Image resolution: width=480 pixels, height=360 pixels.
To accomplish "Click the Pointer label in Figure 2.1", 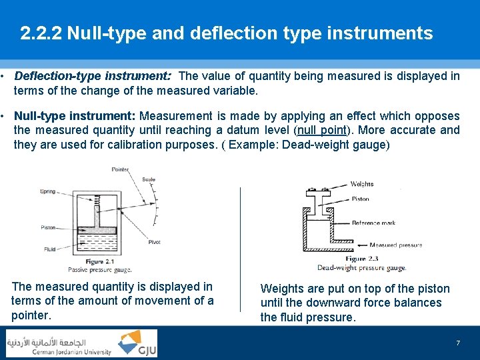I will (x=120, y=170).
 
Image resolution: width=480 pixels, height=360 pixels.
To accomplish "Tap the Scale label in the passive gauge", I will (x=149, y=179).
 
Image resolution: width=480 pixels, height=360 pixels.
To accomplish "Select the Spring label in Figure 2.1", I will (x=47, y=191).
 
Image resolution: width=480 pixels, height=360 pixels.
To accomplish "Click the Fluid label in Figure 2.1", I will (x=49, y=250).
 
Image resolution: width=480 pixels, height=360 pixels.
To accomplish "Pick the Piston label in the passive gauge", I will (x=49, y=227).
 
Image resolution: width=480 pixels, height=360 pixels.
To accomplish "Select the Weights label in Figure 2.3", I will (x=361, y=184).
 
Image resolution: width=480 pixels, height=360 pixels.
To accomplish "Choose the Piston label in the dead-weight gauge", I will (x=360, y=199).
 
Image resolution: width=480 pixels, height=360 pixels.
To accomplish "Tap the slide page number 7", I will (x=458, y=343).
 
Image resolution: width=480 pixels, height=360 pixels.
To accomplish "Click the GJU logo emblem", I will (x=137, y=343).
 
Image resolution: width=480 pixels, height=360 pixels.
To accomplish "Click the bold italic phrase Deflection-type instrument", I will (x=93, y=76).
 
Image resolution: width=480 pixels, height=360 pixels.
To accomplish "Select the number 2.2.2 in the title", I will (x=41, y=33).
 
